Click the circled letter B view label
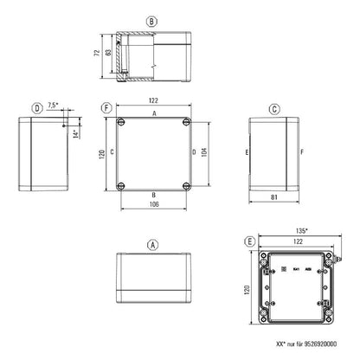click(x=153, y=21)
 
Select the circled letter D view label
click(x=36, y=108)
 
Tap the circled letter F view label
click(x=106, y=108)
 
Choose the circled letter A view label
click(x=153, y=245)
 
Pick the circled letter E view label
click(x=250, y=241)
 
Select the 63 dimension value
click(x=106, y=54)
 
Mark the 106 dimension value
click(x=153, y=205)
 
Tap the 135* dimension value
click(x=302, y=230)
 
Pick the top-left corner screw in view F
click(x=121, y=120)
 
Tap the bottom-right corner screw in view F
click(x=186, y=186)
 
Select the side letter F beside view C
click(x=302, y=153)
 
